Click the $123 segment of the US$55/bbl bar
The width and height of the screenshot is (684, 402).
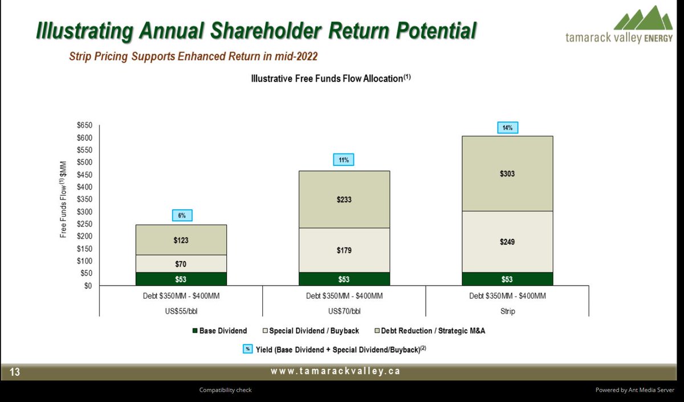click(181, 240)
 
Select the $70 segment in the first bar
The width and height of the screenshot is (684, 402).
click(181, 263)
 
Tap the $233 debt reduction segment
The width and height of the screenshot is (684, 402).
click(344, 200)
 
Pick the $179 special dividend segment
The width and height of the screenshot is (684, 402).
click(344, 250)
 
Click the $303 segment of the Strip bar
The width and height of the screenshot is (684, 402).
click(507, 174)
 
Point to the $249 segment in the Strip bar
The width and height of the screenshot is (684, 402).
click(507, 242)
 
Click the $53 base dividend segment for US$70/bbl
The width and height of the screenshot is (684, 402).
click(344, 279)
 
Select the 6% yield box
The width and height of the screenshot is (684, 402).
click(181, 216)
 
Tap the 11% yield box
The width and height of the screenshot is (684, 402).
click(344, 161)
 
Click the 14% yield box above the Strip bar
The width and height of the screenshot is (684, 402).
click(507, 128)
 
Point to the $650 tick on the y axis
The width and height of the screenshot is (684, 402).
click(85, 125)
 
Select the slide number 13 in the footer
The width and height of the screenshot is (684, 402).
click(14, 372)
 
